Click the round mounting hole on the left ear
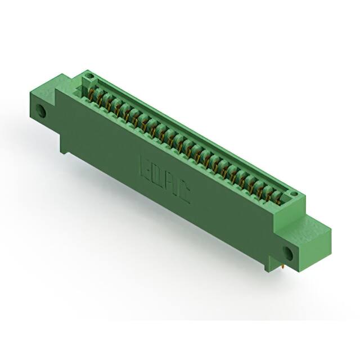(x=42, y=110)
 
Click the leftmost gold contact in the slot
(x=92, y=95)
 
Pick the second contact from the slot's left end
(x=101, y=100)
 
